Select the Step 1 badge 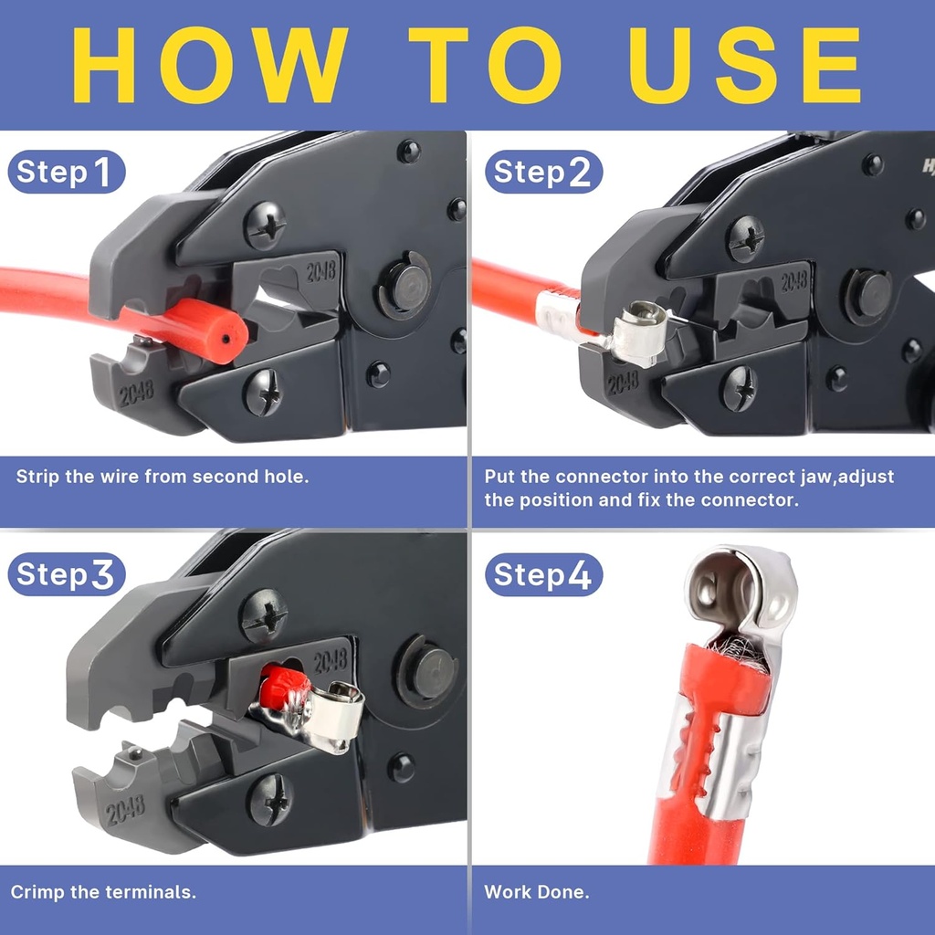[x=66, y=172]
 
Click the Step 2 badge [x=543, y=172]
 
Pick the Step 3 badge [x=66, y=574]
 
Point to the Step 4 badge [x=543, y=575]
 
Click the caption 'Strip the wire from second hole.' [x=163, y=477]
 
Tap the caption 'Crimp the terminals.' [x=103, y=892]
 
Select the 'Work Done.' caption [x=537, y=892]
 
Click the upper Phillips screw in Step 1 [x=265, y=225]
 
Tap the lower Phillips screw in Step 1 [x=264, y=392]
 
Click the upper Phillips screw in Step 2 [x=745, y=239]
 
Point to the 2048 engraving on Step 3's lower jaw [x=125, y=809]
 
